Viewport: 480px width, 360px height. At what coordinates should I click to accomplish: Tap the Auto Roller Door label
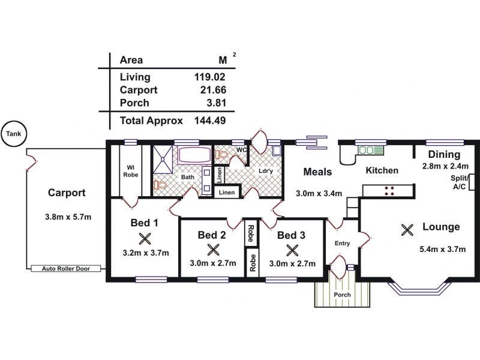(x=65, y=269)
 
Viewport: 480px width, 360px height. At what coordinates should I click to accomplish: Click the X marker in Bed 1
(x=143, y=239)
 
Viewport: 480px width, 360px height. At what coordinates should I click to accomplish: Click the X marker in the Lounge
(x=407, y=229)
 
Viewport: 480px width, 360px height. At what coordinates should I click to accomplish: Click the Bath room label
(x=187, y=178)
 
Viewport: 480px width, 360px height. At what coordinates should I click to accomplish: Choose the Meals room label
(x=317, y=172)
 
